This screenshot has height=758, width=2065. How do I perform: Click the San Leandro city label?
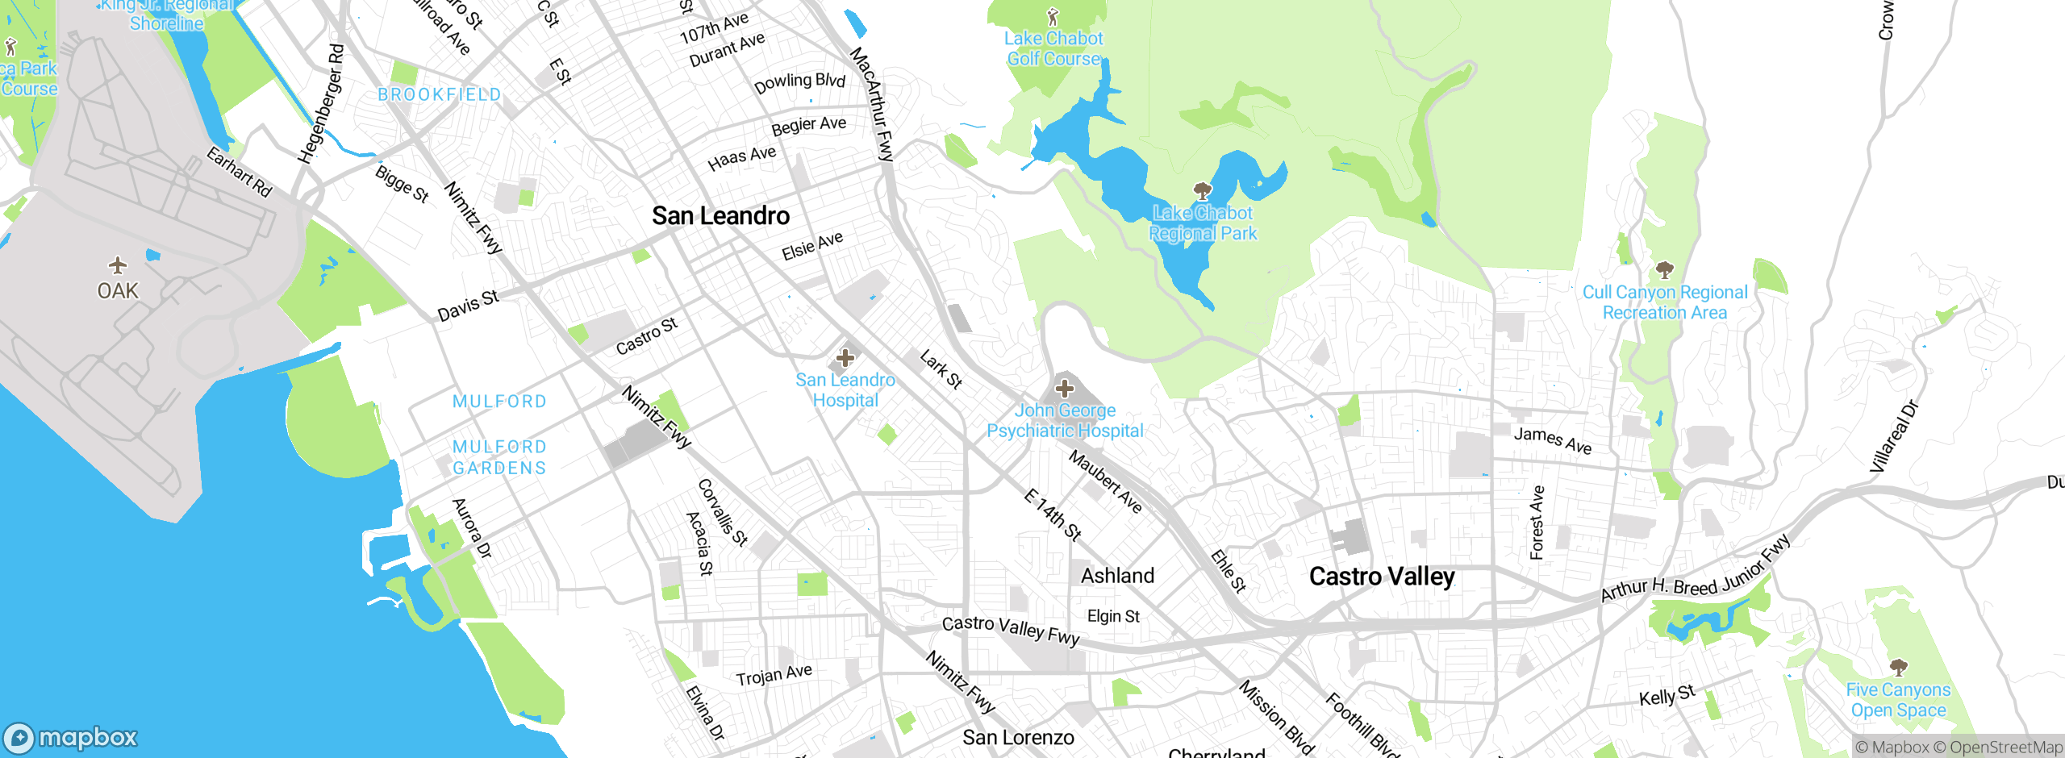pyautogui.click(x=720, y=216)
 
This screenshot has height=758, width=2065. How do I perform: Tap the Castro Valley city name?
pyautogui.click(x=1382, y=577)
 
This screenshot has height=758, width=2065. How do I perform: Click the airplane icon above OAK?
pyautogui.click(x=118, y=265)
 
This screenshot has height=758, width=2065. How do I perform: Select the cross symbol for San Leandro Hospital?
pyautogui.click(x=845, y=357)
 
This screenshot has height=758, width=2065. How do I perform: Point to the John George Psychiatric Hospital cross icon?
pyautogui.click(x=1065, y=389)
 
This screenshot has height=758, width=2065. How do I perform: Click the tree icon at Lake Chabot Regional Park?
pyautogui.click(x=1203, y=191)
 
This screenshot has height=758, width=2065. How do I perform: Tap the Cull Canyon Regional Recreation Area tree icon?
pyautogui.click(x=1664, y=269)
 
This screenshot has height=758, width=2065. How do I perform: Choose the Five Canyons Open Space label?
pyautogui.click(x=1898, y=700)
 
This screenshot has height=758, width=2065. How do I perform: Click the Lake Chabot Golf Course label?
pyautogui.click(x=1053, y=48)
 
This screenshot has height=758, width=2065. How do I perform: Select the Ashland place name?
pyautogui.click(x=1117, y=576)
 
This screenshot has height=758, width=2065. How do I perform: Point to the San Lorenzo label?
pyautogui.click(x=1018, y=737)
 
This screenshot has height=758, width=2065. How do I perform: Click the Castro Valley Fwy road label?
pyautogui.click(x=1011, y=629)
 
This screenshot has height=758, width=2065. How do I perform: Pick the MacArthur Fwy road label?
pyautogui.click(x=873, y=105)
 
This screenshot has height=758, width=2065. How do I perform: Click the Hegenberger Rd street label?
pyautogui.click(x=322, y=105)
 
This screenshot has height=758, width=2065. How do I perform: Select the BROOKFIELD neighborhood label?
pyautogui.click(x=440, y=95)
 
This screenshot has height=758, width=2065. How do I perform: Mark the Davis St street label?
pyautogui.click(x=468, y=306)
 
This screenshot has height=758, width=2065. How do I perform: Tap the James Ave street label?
pyautogui.click(x=1553, y=440)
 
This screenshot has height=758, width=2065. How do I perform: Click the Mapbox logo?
pyautogui.click(x=71, y=738)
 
